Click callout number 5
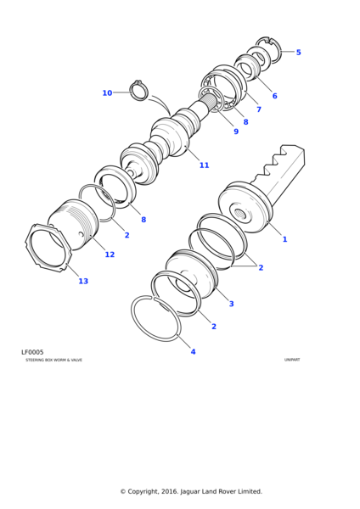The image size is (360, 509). coord(298,53)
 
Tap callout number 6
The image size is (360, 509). coord(274,96)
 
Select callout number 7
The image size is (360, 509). coord(259,109)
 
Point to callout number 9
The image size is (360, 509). coord(236,131)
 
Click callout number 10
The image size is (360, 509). coord(107,93)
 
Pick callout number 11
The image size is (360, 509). coord(204,165)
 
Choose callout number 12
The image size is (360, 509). coord(110,255)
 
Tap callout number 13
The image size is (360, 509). coord(83,281)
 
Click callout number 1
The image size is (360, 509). coord(284,239)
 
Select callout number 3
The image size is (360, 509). coord(231,304)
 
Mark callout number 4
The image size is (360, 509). coord(193,351)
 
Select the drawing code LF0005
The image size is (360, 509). coord(32,352)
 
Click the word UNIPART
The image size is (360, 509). coord(292,360)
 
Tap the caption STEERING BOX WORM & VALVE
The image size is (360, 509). coord(54,360)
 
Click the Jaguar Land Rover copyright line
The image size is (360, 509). coord(191,491)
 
